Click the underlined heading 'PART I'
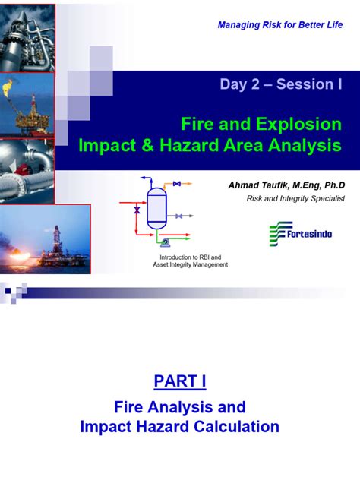click(x=180, y=380)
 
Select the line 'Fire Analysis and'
click(x=180, y=406)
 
